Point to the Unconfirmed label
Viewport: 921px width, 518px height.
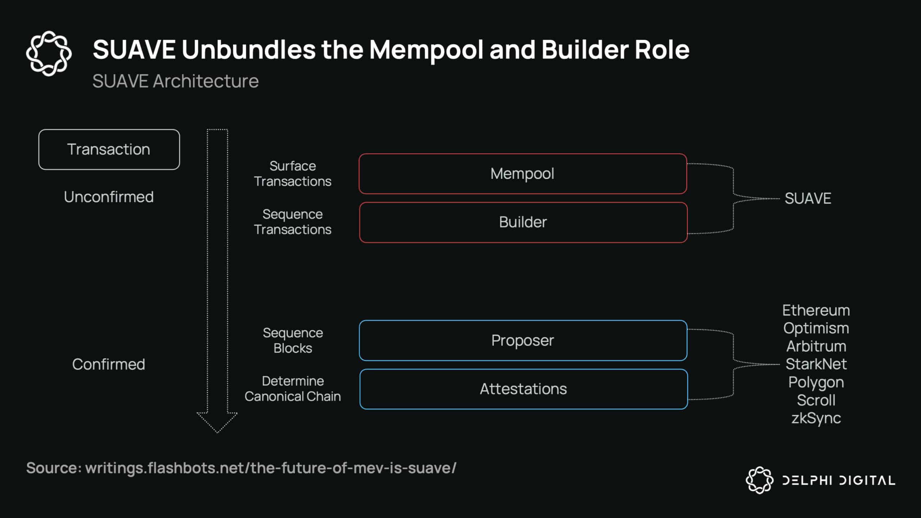109,197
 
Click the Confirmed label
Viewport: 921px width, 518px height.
109,364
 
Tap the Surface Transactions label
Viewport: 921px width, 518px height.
292,174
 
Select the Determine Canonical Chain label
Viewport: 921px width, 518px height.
292,388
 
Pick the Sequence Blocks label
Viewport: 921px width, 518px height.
292,340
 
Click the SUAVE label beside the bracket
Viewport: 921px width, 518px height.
808,199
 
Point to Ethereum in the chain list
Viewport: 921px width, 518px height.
816,310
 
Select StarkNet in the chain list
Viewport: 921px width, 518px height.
816,364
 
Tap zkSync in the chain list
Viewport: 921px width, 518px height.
816,418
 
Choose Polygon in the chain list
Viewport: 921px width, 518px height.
816,382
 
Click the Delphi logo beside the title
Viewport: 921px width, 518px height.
49,53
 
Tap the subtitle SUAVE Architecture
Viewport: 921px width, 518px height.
176,81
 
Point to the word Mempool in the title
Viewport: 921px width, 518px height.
426,50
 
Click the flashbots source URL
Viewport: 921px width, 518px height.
271,468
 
